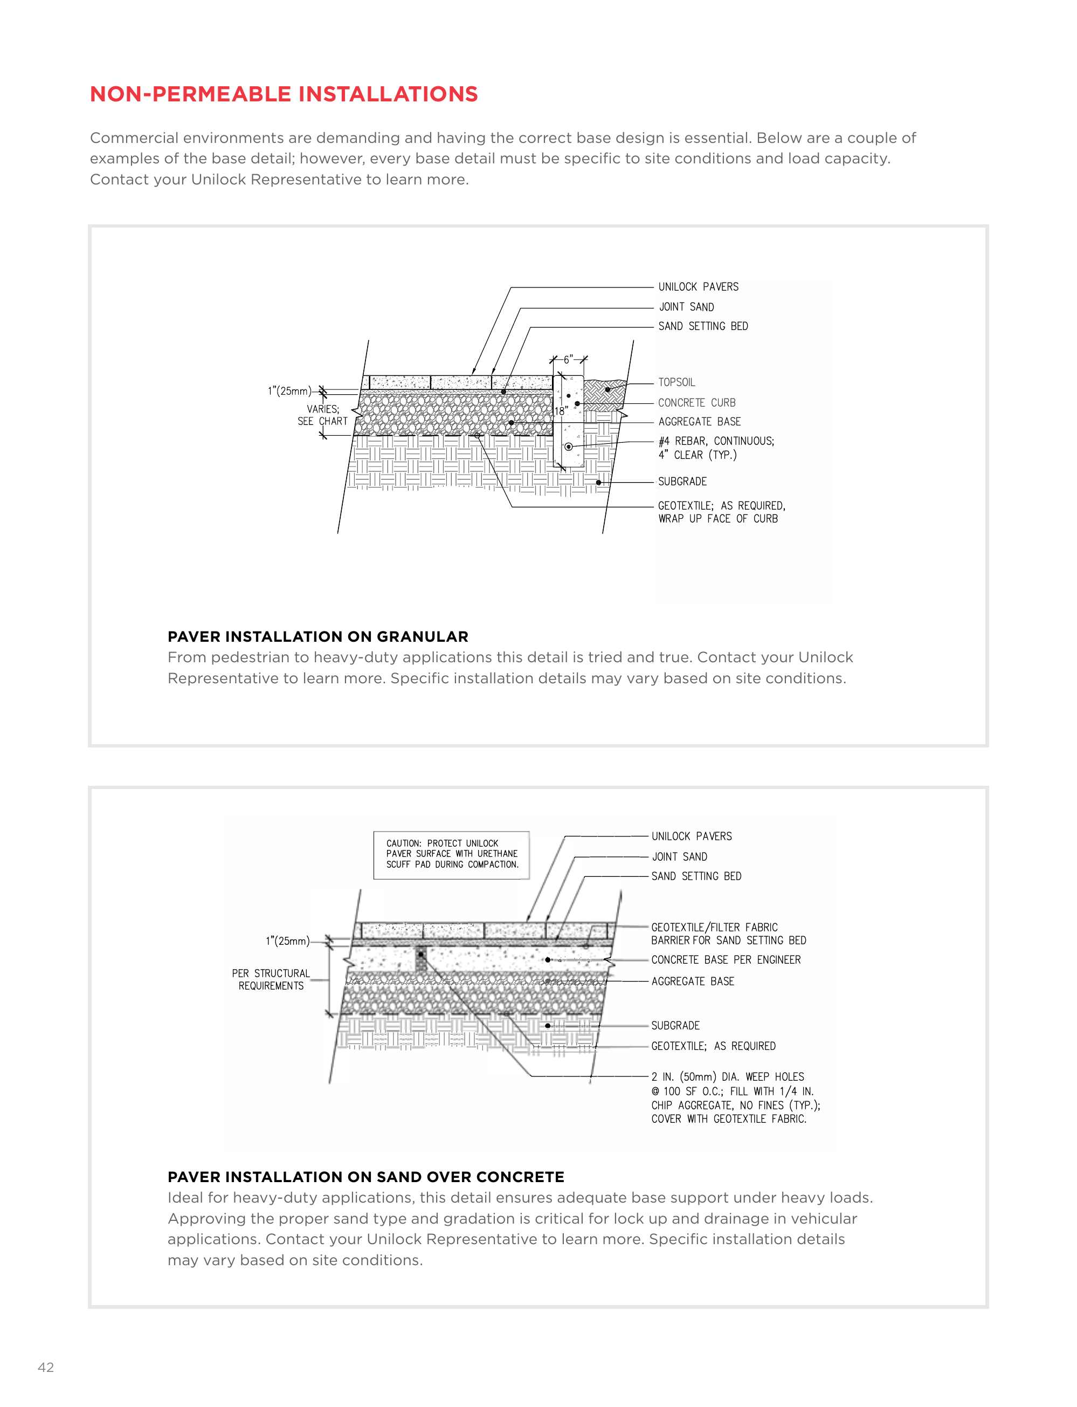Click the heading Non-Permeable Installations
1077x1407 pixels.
click(x=284, y=94)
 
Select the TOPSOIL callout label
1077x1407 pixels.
click(x=676, y=382)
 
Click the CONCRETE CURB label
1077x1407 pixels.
click(x=696, y=403)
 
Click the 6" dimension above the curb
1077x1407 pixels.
click(x=568, y=360)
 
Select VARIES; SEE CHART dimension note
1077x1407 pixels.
click(x=322, y=415)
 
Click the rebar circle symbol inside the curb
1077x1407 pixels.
click(x=568, y=447)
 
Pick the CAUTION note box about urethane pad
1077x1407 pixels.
click(x=451, y=854)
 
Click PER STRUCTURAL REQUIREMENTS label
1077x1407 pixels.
click(x=271, y=979)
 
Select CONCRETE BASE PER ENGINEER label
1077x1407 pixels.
click(x=726, y=959)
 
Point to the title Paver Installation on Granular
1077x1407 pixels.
click(x=317, y=637)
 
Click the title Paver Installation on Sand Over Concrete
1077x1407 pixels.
click(x=365, y=1177)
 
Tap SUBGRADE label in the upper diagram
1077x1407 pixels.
click(x=682, y=482)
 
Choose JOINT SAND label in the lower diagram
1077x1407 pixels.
click(x=680, y=857)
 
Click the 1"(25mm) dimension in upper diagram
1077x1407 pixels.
click(x=289, y=391)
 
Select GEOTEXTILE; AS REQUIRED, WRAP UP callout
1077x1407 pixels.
click(x=721, y=512)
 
